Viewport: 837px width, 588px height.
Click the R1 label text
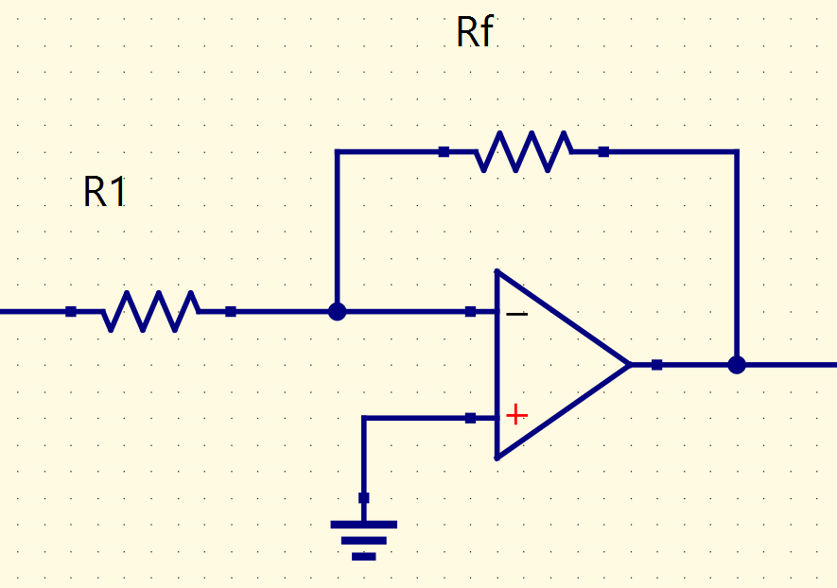[x=105, y=192]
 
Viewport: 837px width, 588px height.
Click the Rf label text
[x=475, y=31]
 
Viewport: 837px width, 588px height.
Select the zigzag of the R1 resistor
[x=151, y=312]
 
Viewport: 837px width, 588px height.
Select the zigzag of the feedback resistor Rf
[x=524, y=151]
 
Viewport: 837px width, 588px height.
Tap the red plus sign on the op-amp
[x=516, y=415]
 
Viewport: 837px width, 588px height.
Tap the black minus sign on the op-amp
[x=516, y=314]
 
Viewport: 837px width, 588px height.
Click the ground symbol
[x=363, y=541]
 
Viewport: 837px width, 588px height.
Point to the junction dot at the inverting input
[x=337, y=312]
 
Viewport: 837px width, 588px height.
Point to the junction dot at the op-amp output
[x=737, y=365]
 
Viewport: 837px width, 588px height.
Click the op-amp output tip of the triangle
[x=631, y=365]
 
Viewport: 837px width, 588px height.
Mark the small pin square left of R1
[x=71, y=312]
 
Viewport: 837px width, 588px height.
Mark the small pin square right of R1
[x=231, y=312]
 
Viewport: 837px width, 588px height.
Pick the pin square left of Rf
[x=444, y=151]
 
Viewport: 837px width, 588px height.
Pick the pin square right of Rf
[x=603, y=151]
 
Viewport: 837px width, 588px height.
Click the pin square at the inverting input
[x=470, y=312]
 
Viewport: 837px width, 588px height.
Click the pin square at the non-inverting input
[x=470, y=419]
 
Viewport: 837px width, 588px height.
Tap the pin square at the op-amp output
[x=657, y=365]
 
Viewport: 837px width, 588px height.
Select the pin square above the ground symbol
[x=363, y=498]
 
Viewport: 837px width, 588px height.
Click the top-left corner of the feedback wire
[x=337, y=151]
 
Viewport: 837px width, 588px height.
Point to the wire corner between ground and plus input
[x=363, y=419]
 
